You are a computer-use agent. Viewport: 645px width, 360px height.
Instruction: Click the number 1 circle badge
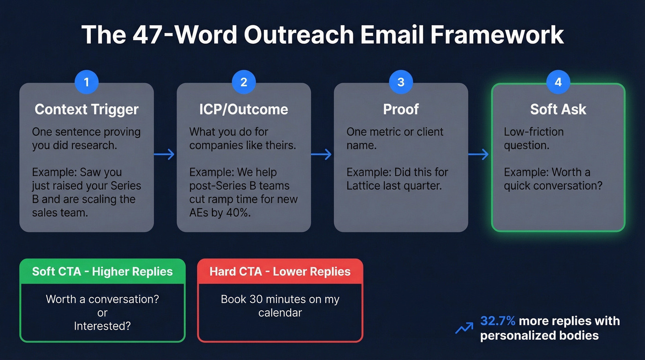tap(86, 83)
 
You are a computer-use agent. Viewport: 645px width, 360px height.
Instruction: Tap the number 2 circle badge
tap(244, 83)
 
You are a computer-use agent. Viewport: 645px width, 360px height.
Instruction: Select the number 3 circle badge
tap(401, 83)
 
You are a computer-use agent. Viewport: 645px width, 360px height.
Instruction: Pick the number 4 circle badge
tap(558, 83)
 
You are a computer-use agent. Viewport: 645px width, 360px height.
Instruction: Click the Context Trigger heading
tap(86, 109)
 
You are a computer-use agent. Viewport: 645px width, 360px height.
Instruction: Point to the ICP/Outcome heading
tap(244, 109)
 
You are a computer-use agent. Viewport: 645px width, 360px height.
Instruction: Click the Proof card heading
tap(401, 109)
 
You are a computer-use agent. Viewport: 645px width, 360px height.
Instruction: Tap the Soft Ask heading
tap(558, 109)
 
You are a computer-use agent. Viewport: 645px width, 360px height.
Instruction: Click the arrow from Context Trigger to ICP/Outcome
tap(164, 154)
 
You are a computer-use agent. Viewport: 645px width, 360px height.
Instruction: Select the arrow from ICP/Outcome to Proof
tap(322, 154)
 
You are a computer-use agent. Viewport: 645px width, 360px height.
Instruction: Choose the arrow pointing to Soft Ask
tap(479, 154)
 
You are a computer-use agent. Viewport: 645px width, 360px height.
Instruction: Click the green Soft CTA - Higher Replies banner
tap(102, 271)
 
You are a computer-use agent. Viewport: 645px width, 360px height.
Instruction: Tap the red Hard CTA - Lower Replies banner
tap(280, 271)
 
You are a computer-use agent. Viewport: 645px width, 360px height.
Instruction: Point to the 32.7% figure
tap(498, 321)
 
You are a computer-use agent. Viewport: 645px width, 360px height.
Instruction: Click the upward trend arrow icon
tap(464, 328)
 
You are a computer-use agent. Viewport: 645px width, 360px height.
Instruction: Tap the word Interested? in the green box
tap(102, 326)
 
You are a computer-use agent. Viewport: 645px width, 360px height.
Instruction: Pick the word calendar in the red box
tap(280, 313)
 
